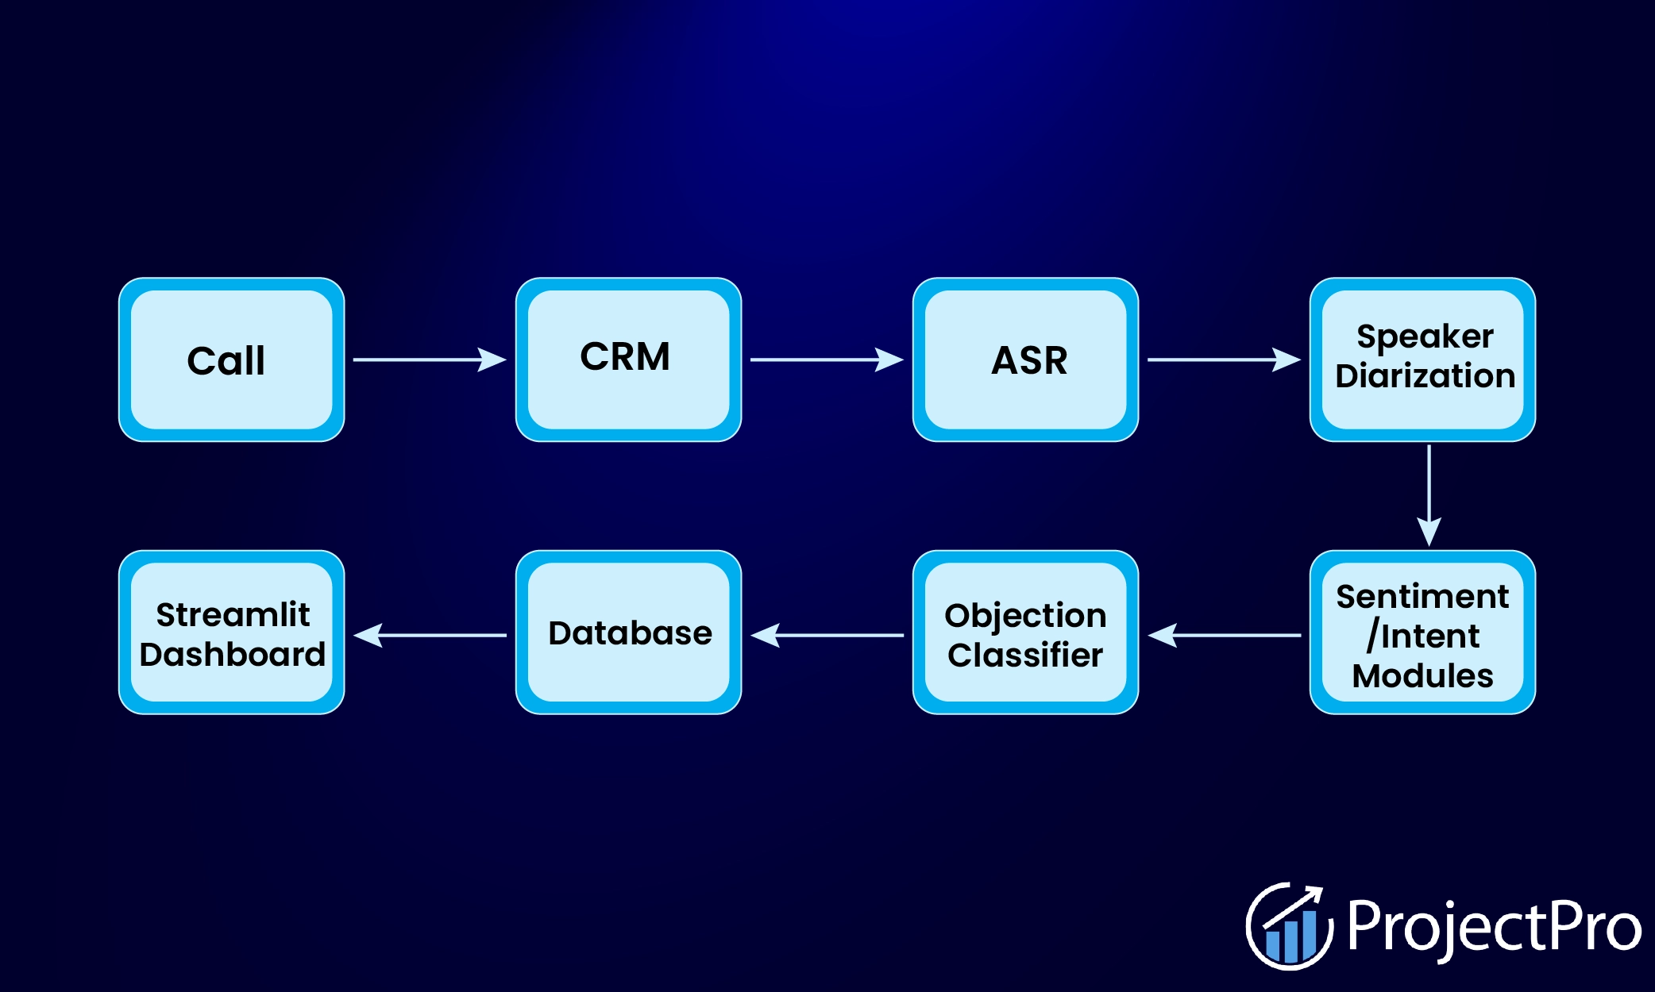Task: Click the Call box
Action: pos(231,360)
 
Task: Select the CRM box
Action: pos(628,360)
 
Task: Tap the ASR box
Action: pos(1025,360)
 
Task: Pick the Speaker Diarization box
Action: pos(1422,360)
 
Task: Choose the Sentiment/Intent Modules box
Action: pos(1422,632)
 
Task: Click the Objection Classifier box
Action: pos(1025,632)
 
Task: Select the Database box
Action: pos(628,632)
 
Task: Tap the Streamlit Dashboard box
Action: pos(231,632)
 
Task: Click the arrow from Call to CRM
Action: pos(429,360)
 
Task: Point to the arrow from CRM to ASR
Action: pos(826,360)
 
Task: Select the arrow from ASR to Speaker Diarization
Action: pos(1223,360)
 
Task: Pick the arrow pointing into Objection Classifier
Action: pos(1224,635)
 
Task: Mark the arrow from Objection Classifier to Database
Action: pos(827,635)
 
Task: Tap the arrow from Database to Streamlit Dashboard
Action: pos(430,635)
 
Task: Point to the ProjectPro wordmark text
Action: pos(1494,927)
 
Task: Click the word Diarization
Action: pos(1425,376)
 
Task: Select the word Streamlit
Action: pos(233,614)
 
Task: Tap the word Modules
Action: pos(1422,676)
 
